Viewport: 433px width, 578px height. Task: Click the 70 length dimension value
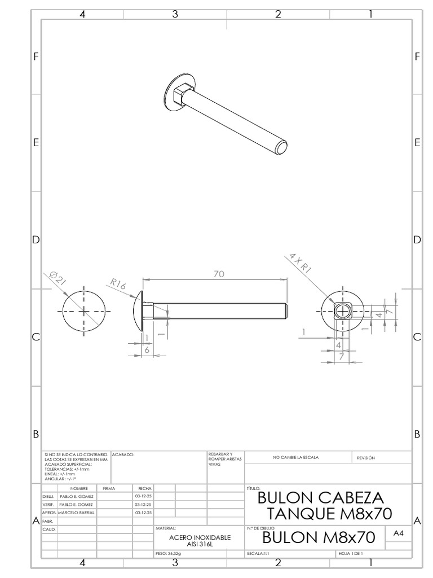tap(219, 274)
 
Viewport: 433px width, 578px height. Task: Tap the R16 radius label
tap(118, 285)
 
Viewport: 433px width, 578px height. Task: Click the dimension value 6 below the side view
tap(147, 350)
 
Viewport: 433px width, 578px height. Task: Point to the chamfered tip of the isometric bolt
tap(282, 148)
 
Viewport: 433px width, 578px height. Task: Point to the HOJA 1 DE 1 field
tap(352, 554)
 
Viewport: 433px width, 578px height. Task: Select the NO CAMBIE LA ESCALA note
tap(296, 457)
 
